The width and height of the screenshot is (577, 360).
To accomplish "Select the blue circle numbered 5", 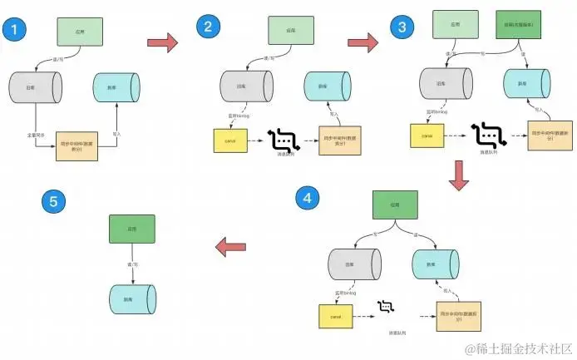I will [x=53, y=202].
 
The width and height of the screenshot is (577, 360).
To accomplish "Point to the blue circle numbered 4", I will [x=308, y=198].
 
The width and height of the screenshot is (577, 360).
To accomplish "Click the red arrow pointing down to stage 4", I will [x=457, y=173].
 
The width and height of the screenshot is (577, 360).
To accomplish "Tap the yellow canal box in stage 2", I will [x=225, y=140].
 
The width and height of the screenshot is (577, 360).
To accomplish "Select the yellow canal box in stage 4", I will [x=331, y=316].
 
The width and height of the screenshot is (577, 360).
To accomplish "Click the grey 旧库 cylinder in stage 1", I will [x=36, y=87].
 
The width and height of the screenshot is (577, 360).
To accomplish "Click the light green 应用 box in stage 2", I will [x=290, y=31].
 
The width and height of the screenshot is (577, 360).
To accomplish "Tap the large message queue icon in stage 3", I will [x=485, y=134].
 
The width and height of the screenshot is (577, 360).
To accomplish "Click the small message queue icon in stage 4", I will [x=385, y=309].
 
